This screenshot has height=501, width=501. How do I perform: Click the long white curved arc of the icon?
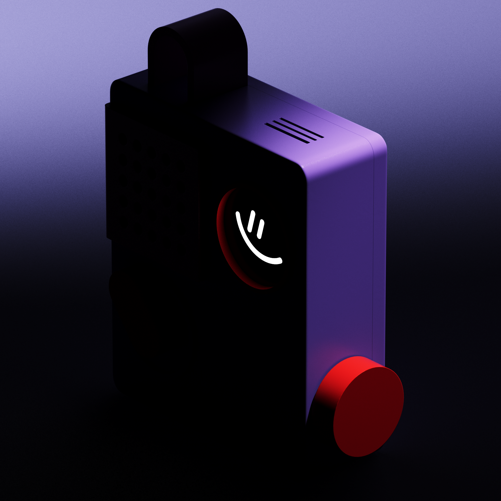point(250,245)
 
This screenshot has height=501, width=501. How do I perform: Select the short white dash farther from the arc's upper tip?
point(261,229)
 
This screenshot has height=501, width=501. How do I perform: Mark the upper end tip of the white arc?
point(237,213)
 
